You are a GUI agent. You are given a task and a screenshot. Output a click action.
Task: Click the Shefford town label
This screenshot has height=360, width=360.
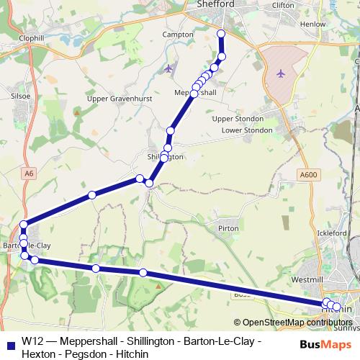(215, 5)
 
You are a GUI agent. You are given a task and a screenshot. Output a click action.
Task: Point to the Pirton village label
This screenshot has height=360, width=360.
(228, 228)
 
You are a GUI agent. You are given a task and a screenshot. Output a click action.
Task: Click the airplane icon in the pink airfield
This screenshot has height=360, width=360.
(281, 73)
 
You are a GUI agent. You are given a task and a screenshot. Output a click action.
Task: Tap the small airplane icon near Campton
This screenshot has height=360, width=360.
(169, 68)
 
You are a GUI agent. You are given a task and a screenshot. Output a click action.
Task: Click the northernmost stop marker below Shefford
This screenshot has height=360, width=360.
(221, 34)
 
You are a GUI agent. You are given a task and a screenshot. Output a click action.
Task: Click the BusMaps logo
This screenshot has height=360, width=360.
(320, 343)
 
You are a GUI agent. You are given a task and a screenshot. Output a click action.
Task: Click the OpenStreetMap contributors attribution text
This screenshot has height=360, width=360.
(297, 323)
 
